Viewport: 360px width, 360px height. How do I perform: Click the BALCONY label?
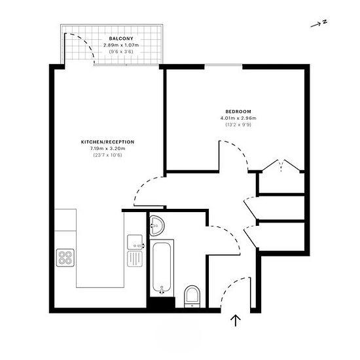121,39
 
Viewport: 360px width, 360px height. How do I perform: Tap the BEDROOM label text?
238,112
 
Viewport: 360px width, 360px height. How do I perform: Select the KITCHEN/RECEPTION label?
108,142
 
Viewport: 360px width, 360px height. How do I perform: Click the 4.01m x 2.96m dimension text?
238,118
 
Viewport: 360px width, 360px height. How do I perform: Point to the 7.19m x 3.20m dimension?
108,149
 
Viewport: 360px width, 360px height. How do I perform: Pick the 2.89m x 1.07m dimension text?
121,45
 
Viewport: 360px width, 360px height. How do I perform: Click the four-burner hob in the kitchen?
65,258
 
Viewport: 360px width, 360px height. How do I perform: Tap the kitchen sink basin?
135,242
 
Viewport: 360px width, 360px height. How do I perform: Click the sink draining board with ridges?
135,259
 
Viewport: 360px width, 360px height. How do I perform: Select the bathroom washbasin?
157,226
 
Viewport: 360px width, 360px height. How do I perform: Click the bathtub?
162,268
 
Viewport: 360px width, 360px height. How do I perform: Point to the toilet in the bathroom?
192,297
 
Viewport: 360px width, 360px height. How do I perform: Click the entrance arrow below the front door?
236,321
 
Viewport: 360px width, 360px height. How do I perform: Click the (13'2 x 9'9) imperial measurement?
238,125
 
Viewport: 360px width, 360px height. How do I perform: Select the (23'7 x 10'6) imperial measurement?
108,155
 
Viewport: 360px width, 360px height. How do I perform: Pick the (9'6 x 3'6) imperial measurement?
121,52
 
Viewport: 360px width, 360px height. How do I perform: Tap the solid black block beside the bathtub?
161,302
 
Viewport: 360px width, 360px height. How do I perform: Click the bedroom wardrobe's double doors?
281,165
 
